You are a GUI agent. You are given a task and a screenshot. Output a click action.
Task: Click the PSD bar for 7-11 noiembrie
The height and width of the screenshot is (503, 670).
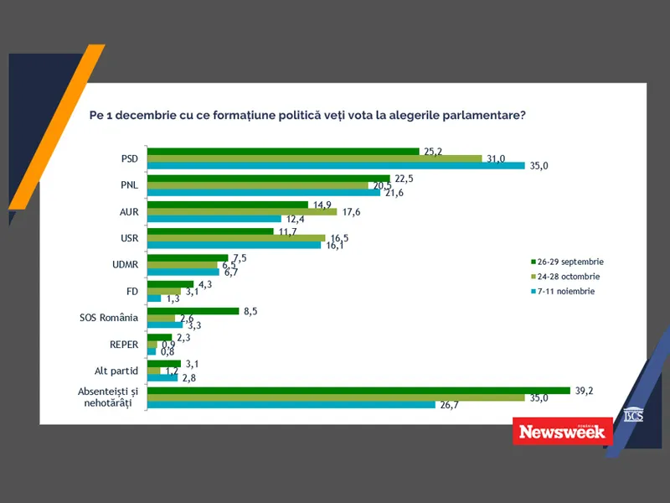point(335,165)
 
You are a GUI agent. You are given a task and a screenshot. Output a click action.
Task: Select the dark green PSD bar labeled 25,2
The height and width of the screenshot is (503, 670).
point(283,152)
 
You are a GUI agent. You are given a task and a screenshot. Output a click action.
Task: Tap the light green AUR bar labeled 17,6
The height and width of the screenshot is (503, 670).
point(242,212)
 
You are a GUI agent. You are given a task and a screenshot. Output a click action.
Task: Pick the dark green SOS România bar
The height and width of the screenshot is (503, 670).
point(193,311)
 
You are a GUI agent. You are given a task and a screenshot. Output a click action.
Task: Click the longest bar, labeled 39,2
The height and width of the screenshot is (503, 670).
point(358,391)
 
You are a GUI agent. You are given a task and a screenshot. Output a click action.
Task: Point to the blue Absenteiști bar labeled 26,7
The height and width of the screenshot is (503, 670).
point(291,405)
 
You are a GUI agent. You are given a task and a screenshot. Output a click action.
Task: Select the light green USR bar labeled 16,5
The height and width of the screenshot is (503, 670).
point(236,238)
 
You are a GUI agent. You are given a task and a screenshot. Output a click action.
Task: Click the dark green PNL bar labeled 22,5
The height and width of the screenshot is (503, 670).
point(269,178)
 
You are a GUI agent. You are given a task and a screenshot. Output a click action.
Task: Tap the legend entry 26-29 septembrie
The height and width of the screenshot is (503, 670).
point(567,261)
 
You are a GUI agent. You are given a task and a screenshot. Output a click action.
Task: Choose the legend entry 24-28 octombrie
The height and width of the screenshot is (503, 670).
point(565,276)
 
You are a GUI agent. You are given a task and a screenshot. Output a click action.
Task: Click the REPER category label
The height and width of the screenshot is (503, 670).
point(124,345)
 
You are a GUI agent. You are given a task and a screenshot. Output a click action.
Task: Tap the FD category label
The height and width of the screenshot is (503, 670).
point(131,292)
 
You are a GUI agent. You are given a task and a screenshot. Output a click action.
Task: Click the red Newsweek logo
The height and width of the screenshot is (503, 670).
point(562,431)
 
